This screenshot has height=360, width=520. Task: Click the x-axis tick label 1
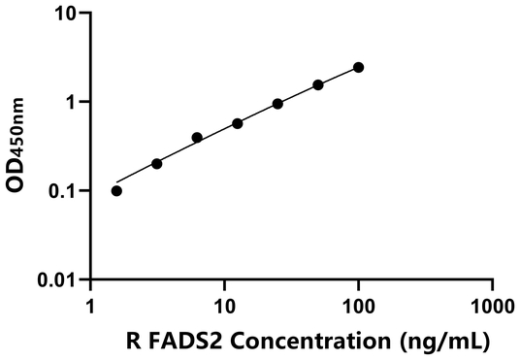coord(91,305)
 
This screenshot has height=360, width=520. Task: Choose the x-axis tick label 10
coord(225,305)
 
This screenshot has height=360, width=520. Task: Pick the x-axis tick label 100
coord(359,305)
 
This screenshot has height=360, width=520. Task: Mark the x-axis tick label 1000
coord(493,305)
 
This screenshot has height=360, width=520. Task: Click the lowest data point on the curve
coord(117,190)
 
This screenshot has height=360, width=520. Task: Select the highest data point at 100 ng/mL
coord(359,67)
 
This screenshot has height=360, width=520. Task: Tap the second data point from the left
coord(157,163)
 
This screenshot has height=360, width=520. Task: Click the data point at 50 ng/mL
coord(318,84)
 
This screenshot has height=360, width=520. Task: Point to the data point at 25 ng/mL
coord(277,103)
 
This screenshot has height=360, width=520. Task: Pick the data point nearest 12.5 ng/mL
coord(238,123)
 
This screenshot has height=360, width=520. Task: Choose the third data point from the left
coord(197,138)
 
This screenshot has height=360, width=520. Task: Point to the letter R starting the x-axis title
coord(133,341)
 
